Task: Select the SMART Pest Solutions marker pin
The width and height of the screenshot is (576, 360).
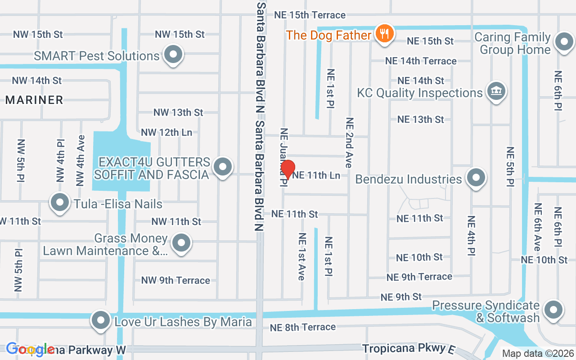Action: tap(173, 55)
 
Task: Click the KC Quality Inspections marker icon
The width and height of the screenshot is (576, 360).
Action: tap(496, 91)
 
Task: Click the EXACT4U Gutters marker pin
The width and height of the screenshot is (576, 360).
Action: tap(222, 167)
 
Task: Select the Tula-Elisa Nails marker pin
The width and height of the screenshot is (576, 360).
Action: tap(59, 203)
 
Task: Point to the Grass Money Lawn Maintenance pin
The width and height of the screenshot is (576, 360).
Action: tap(181, 243)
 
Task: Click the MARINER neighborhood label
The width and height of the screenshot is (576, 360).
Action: tap(34, 100)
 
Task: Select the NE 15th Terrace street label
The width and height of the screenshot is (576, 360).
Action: tap(310, 15)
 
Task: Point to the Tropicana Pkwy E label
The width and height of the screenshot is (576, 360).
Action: tap(405, 349)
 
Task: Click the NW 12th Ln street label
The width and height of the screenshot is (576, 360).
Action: tap(166, 132)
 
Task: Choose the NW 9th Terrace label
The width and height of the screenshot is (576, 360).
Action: tap(175, 280)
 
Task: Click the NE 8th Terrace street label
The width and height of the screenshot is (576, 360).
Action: tap(303, 327)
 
